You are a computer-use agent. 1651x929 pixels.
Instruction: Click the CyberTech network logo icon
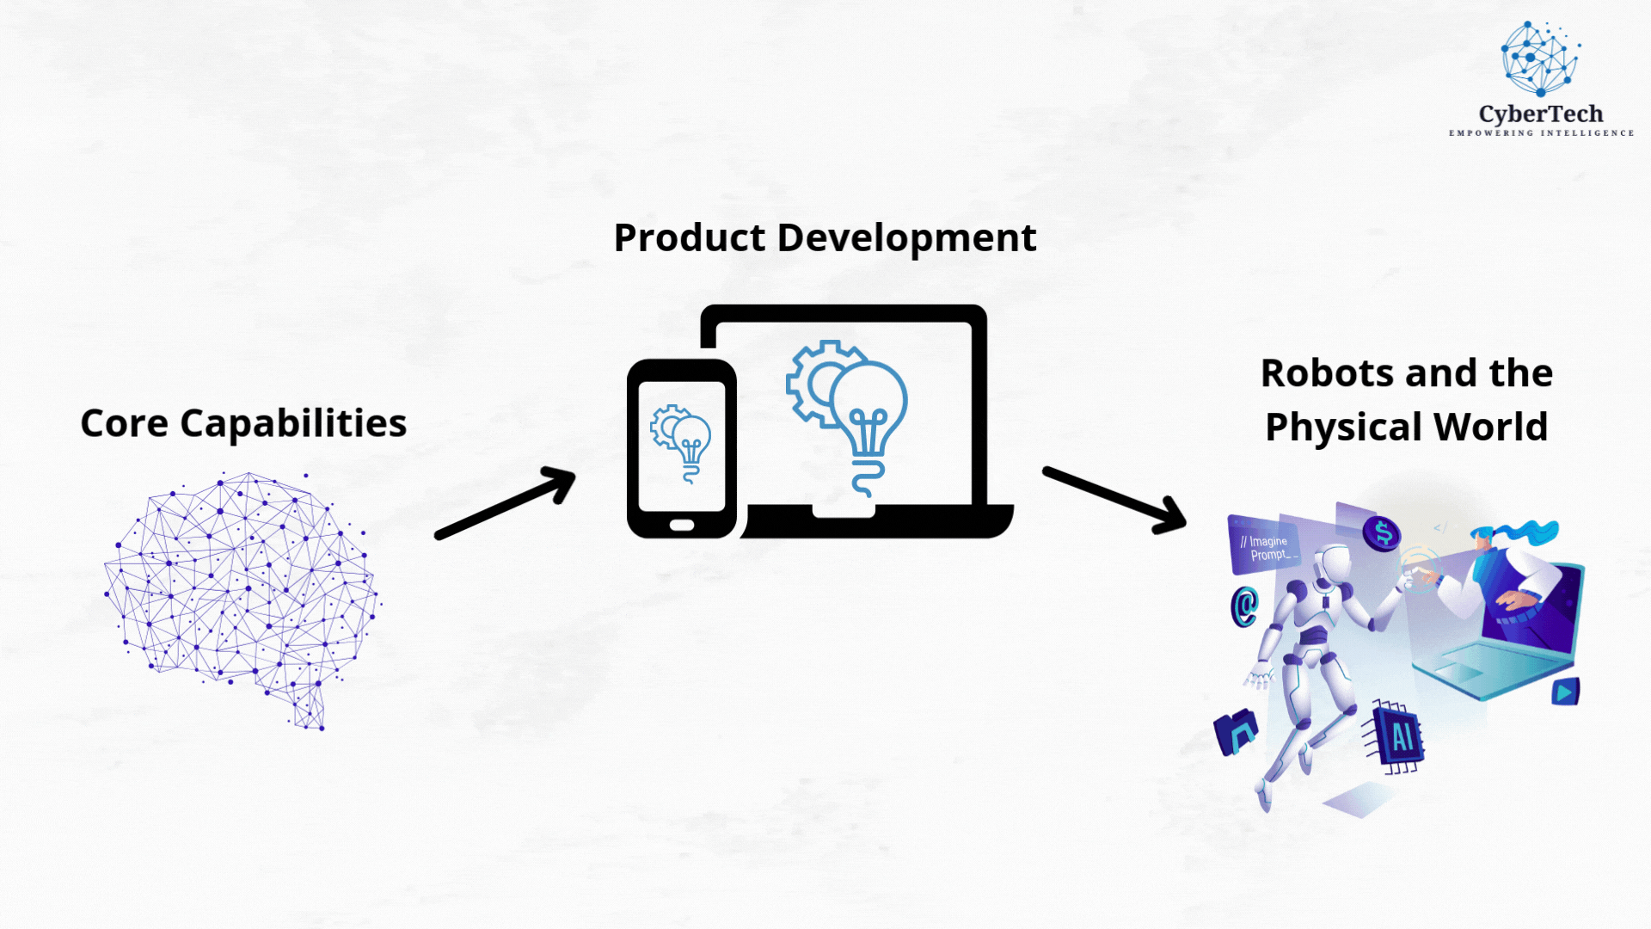point(1540,58)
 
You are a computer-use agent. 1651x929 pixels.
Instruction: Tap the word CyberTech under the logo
point(1541,114)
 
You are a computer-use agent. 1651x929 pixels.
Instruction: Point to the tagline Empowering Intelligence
point(1541,133)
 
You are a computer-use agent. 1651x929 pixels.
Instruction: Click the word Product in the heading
point(689,237)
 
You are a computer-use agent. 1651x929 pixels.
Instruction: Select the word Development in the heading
point(906,238)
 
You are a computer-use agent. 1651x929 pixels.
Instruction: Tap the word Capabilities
point(293,424)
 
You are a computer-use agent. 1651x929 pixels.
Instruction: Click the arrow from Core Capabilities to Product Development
point(506,503)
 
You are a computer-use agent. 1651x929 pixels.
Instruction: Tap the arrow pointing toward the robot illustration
point(1115,500)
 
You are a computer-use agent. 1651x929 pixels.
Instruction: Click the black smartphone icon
point(682,449)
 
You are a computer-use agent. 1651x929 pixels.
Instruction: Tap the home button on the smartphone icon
point(682,525)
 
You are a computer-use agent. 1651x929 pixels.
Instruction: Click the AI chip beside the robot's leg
point(1396,735)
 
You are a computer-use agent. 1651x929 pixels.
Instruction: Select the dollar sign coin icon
point(1382,534)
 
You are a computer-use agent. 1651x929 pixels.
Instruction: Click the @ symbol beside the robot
point(1244,606)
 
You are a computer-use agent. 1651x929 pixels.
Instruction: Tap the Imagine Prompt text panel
point(1264,544)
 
